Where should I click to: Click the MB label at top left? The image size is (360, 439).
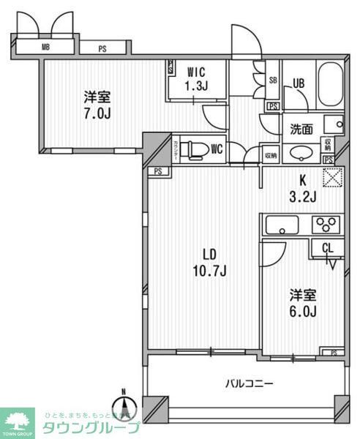click(46, 48)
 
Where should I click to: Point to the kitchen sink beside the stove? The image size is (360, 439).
click(280, 224)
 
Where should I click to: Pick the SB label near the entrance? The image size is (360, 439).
click(272, 80)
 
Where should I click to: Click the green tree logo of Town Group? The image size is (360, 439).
click(20, 420)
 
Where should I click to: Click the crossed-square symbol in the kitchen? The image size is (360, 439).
click(333, 177)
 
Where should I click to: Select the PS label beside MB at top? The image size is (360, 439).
click(102, 49)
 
